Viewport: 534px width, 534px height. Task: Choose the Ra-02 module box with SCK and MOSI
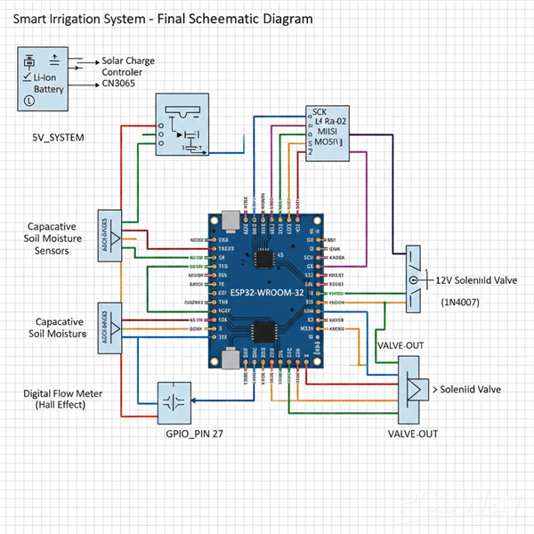pos(328,131)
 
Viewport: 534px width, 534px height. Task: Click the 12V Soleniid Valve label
pos(477,279)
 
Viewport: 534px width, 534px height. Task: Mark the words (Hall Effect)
pos(59,405)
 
